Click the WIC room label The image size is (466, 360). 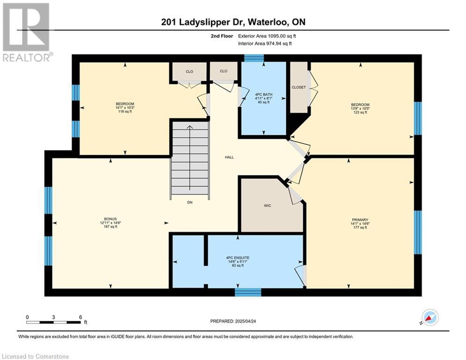267,206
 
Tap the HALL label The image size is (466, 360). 229,157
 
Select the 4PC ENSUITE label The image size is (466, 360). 238,258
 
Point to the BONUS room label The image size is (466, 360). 110,219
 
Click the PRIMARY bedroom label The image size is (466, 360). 360,220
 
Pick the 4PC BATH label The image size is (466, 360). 264,95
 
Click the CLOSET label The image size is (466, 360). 299,87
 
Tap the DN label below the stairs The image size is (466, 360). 190,202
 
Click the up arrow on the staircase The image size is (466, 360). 190,157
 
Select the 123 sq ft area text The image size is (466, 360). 360,112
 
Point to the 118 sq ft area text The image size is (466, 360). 125,112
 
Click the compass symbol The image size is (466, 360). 429,318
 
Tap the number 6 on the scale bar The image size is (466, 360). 81,317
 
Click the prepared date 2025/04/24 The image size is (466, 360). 245,321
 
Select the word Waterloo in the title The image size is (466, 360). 267,22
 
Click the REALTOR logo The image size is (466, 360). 27,32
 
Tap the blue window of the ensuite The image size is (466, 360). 248,292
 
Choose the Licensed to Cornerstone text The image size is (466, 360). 36,356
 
